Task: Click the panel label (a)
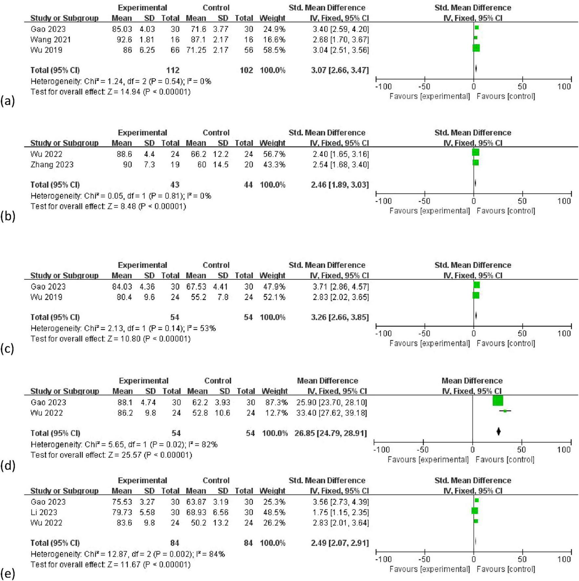tap(8, 101)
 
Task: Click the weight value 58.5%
tap(274, 50)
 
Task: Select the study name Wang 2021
tap(51, 40)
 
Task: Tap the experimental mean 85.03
tap(122, 29)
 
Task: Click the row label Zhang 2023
tap(52, 165)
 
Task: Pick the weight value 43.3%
tap(274, 165)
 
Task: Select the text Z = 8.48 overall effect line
tap(108, 207)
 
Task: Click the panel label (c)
tap(8, 349)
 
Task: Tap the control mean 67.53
tap(196, 287)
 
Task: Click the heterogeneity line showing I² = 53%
tap(123, 329)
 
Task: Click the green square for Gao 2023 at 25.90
tap(498, 401)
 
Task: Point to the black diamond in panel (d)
tap(498, 431)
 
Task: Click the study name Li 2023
tap(44, 512)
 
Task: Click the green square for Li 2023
tap(474, 511)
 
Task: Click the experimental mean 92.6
tap(124, 40)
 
